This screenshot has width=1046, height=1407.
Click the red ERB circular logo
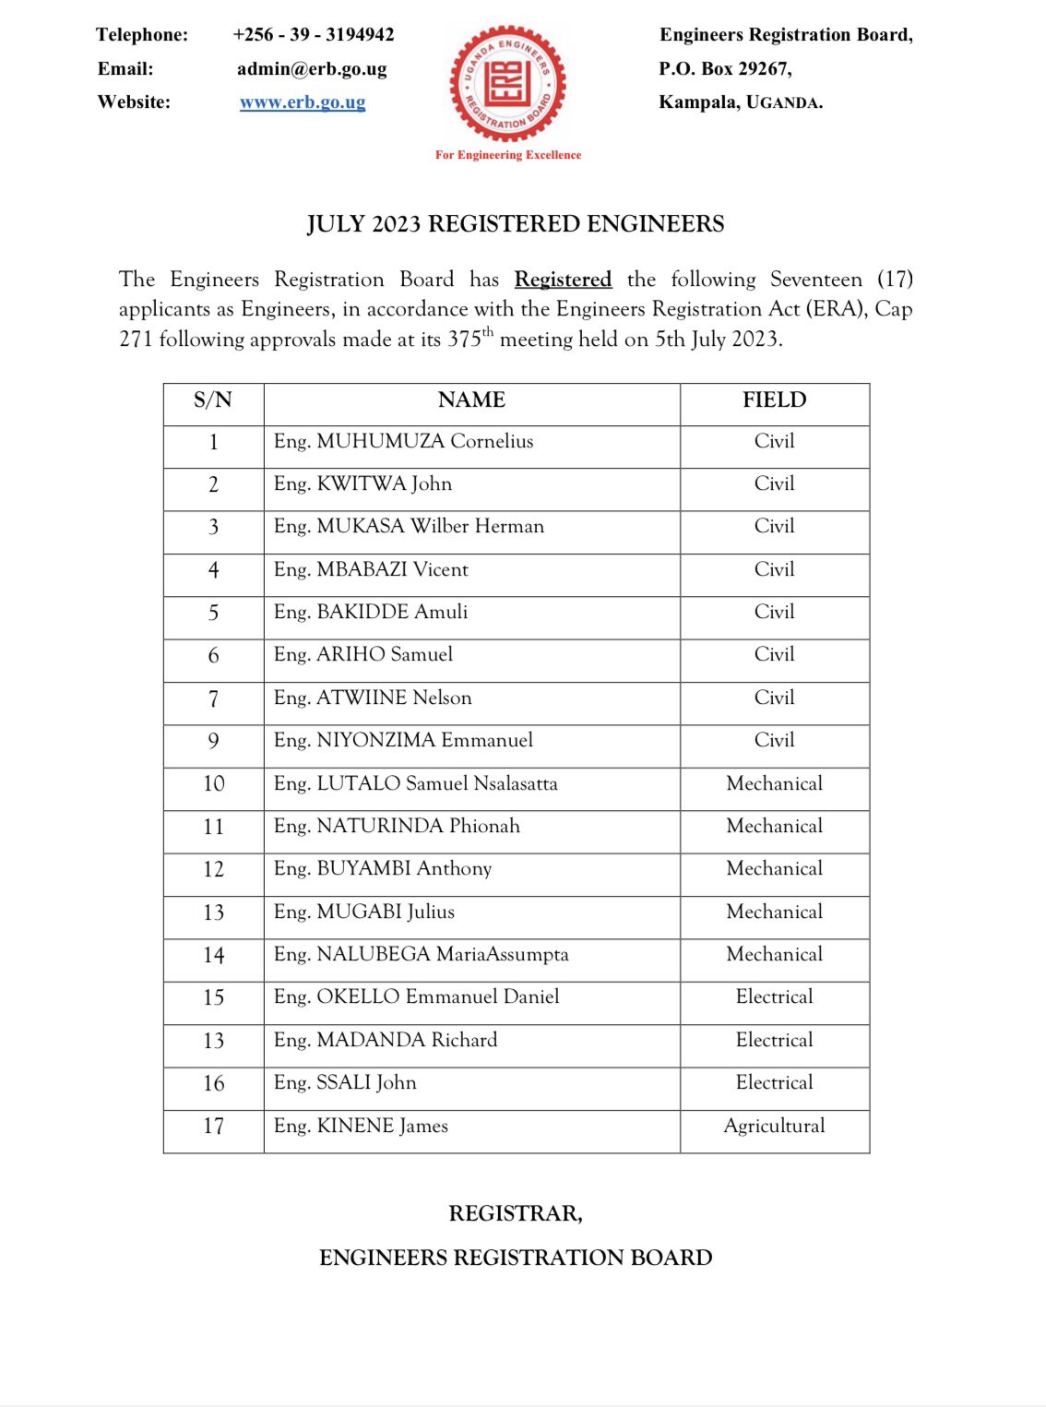pos(507,84)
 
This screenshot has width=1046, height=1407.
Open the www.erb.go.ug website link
pos(303,101)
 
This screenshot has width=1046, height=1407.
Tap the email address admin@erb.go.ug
pos(312,68)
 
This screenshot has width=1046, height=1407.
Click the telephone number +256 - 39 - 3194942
pos(313,34)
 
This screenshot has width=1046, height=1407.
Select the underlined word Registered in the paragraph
pos(563,280)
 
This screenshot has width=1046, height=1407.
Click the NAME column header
pos(471,399)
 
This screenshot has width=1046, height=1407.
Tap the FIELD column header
pos(774,399)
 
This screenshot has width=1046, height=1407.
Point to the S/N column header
pos(213,399)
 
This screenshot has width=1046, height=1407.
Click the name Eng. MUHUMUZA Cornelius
pos(403,441)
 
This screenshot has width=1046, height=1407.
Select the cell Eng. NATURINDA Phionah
pos(397,826)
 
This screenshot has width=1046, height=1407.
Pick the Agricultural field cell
pos(774,1126)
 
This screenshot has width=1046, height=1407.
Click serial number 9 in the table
pos(213,741)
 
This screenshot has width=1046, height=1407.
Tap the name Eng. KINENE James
pos(361,1126)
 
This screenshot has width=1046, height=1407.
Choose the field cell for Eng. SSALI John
pos(774,1082)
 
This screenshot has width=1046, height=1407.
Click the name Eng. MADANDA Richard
pos(386,1040)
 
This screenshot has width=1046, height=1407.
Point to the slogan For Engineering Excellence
pos(508,155)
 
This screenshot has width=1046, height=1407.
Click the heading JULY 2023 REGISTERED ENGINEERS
pos(516,224)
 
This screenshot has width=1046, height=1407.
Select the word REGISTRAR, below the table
pos(515,1213)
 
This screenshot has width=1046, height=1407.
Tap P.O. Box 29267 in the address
pos(725,68)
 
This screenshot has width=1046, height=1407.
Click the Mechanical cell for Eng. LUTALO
pos(774,783)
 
